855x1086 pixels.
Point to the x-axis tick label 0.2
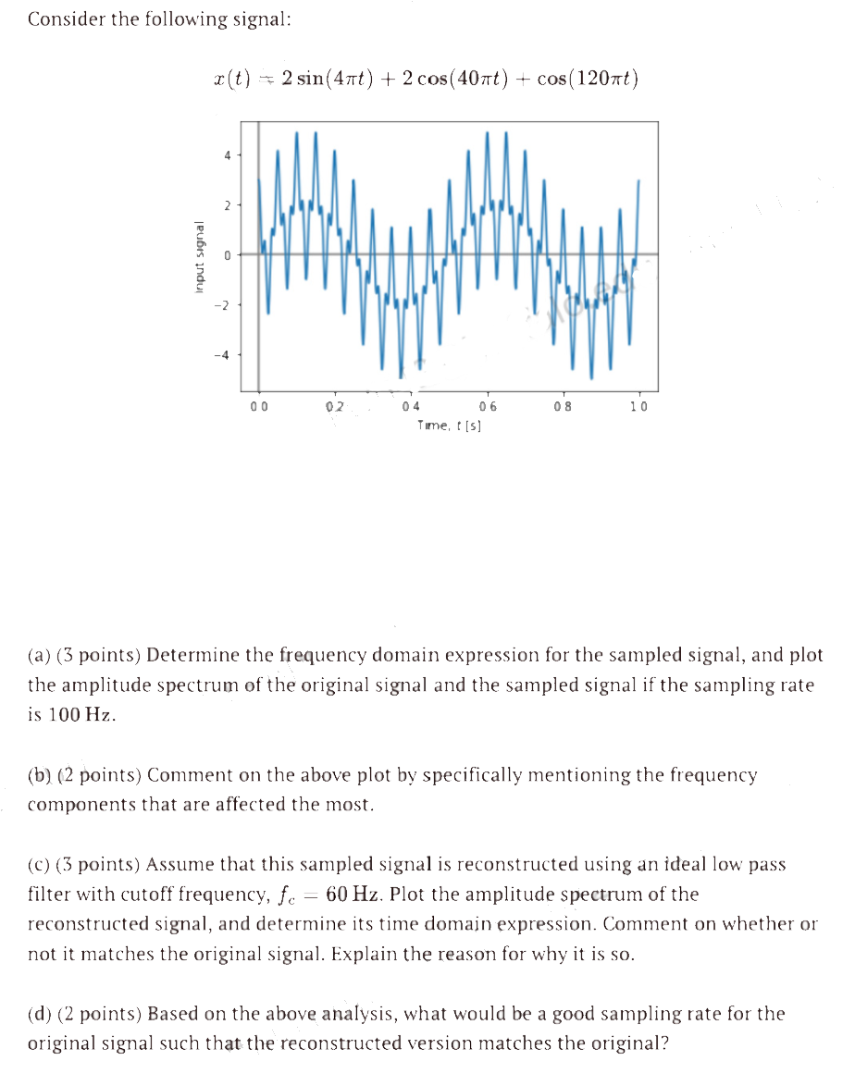tap(335, 406)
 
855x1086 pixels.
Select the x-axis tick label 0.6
tap(488, 406)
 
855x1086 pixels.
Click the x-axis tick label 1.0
tap(639, 406)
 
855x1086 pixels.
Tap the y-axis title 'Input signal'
tap(198, 259)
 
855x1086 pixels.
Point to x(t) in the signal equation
tap(230, 79)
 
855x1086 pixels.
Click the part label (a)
tap(39, 656)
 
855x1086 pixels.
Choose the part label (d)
tap(39, 1014)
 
